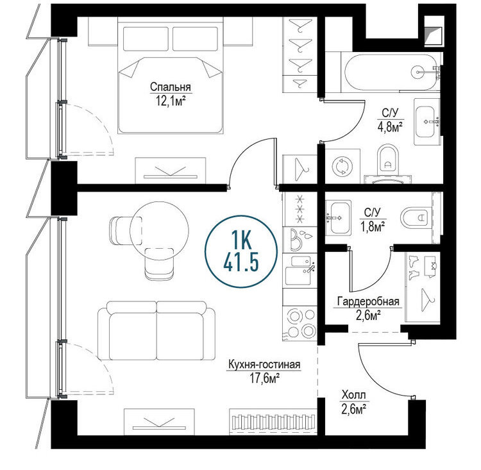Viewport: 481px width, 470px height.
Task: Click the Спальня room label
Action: pyautogui.click(x=171, y=87)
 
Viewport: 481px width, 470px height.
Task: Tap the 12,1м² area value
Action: pyautogui.click(x=171, y=100)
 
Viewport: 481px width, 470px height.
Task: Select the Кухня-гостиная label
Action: pyautogui.click(x=264, y=365)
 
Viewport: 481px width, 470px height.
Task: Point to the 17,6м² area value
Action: pyautogui.click(x=264, y=378)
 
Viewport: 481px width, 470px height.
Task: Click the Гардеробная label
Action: pyautogui.click(x=368, y=301)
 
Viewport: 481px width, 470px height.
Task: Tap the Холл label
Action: pyautogui.click(x=353, y=395)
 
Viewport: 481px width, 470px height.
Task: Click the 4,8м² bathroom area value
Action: pyautogui.click(x=389, y=126)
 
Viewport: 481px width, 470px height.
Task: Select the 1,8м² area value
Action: pyautogui.click(x=373, y=226)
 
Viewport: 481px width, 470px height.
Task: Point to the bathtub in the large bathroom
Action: pyautogui.click(x=391, y=72)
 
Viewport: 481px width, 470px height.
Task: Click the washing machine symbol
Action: pyautogui.click(x=342, y=166)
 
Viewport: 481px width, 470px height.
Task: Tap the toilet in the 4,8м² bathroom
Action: pyautogui.click(x=387, y=159)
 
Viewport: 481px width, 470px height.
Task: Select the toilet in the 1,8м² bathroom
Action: pyautogui.click(x=416, y=218)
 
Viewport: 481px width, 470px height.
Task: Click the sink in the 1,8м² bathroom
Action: pyautogui.click(x=338, y=218)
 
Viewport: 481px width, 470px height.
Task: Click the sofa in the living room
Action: pyautogui.click(x=156, y=331)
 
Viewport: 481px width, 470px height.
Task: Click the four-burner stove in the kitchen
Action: pyautogui.click(x=300, y=323)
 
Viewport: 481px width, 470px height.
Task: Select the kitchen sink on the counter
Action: pyautogui.click(x=299, y=270)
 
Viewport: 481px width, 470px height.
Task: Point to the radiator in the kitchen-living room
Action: pyautogui.click(x=273, y=422)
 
